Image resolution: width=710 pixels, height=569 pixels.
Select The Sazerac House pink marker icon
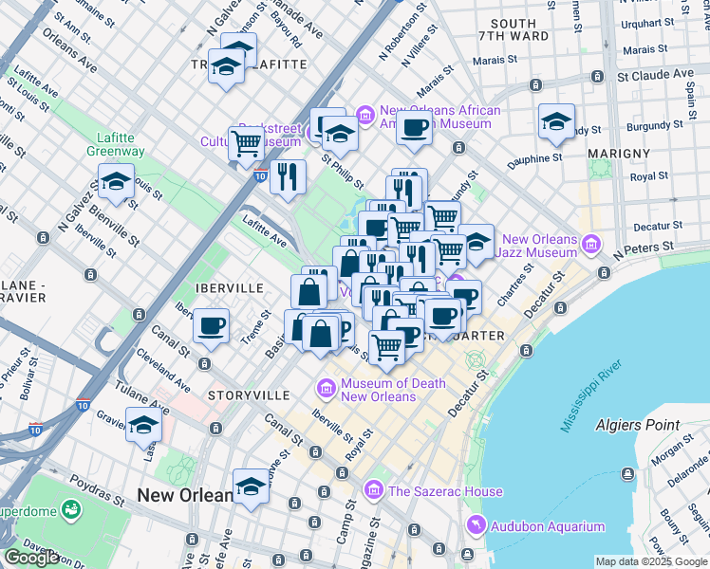point(373,490)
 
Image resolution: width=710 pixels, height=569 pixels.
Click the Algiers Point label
point(639,425)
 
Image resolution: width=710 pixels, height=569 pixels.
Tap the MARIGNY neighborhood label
point(618,153)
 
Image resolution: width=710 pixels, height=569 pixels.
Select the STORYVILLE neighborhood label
point(249,395)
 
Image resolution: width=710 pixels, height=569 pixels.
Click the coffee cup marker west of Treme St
point(211,327)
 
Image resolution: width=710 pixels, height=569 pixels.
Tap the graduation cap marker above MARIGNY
point(556,120)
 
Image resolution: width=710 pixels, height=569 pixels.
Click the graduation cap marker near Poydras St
point(251,486)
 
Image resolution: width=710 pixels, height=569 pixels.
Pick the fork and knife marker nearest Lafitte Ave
point(288,176)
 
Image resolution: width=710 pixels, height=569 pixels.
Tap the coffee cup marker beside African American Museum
point(414,128)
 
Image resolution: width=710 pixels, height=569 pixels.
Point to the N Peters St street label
point(647,249)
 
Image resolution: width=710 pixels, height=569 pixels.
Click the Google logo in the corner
point(31,558)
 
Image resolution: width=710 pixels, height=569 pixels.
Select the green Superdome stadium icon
point(70,511)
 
